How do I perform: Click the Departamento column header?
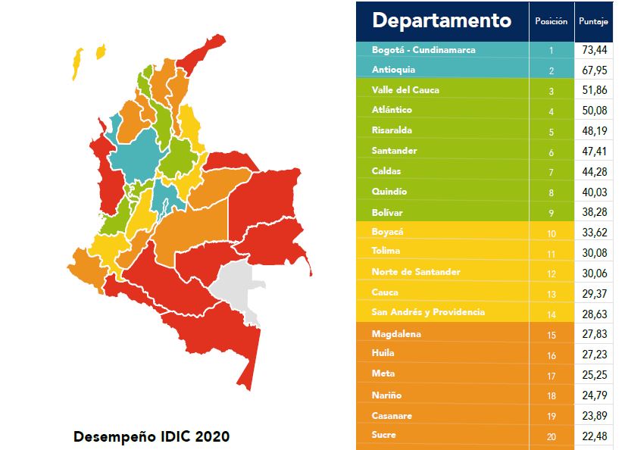442,20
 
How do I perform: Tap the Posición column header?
551,21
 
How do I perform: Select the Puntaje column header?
594,21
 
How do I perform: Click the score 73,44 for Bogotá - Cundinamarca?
594,50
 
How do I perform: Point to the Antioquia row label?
393,70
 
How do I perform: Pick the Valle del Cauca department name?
405,90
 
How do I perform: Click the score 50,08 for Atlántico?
594,111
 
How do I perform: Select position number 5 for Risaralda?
551,131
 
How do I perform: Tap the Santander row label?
394,151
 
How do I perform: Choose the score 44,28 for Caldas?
594,172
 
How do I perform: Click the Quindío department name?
389,192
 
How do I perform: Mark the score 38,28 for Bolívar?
594,213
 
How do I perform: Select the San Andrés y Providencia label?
428,312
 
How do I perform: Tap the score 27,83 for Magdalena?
594,334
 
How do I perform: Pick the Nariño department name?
387,395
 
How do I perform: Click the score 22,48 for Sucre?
594,436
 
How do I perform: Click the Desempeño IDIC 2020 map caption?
151,437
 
